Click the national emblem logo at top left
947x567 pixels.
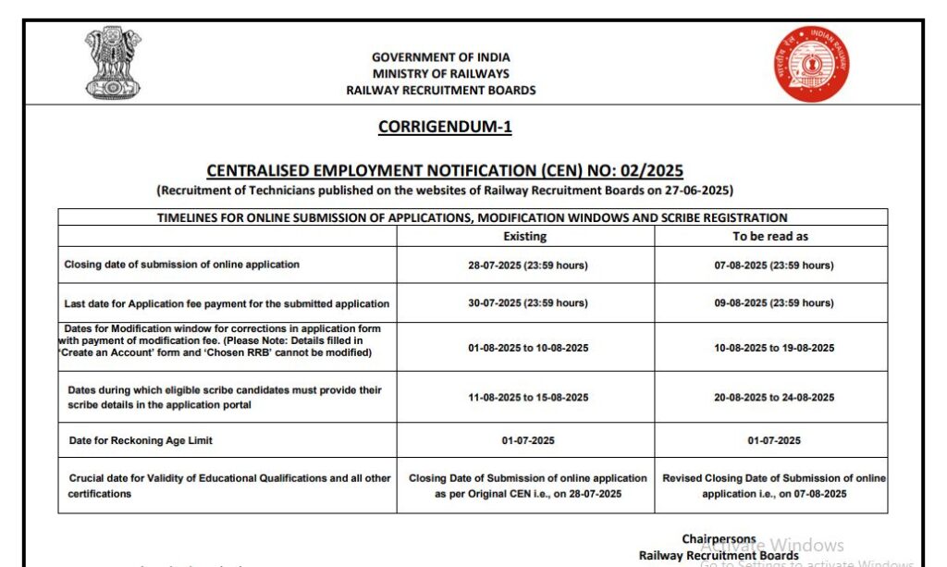click(114, 63)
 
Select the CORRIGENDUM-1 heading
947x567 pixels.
click(445, 128)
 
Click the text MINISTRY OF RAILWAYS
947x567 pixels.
click(441, 74)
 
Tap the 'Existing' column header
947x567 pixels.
click(525, 236)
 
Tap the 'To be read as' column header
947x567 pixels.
click(770, 236)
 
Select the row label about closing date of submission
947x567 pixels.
click(182, 265)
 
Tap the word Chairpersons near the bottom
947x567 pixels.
click(719, 539)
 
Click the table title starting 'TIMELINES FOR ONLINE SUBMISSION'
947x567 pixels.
click(472, 218)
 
